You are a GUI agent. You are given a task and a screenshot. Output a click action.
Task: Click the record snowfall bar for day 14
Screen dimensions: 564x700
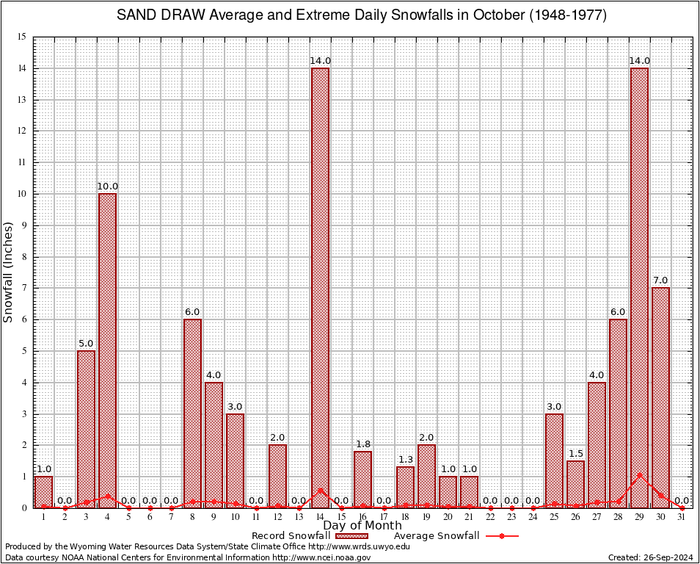click(x=320, y=286)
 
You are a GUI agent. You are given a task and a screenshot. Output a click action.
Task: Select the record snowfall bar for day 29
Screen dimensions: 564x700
click(x=639, y=286)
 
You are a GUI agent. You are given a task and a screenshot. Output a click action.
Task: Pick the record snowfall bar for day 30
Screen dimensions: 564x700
click(x=660, y=397)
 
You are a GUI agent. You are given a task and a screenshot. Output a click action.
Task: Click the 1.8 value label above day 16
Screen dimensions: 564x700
click(x=362, y=444)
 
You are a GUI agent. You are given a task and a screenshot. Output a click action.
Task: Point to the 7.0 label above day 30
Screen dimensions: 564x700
click(x=660, y=281)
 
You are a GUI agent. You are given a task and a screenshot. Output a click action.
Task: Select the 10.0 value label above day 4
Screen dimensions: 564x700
click(x=107, y=187)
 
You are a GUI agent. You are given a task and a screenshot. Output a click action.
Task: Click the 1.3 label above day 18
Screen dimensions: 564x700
click(x=405, y=460)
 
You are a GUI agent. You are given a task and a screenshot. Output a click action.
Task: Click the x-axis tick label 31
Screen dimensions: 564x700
click(x=682, y=517)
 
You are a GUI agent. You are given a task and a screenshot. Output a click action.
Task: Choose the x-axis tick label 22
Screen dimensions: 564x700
click(x=490, y=517)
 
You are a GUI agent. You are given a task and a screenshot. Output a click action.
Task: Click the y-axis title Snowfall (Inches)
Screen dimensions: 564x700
click(x=8, y=272)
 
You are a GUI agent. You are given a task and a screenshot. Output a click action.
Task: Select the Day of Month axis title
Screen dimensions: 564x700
click(x=362, y=525)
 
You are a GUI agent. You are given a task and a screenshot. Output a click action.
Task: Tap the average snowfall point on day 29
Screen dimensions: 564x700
click(x=639, y=475)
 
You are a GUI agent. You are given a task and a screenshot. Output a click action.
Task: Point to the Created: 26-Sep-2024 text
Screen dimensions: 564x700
click(x=651, y=557)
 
